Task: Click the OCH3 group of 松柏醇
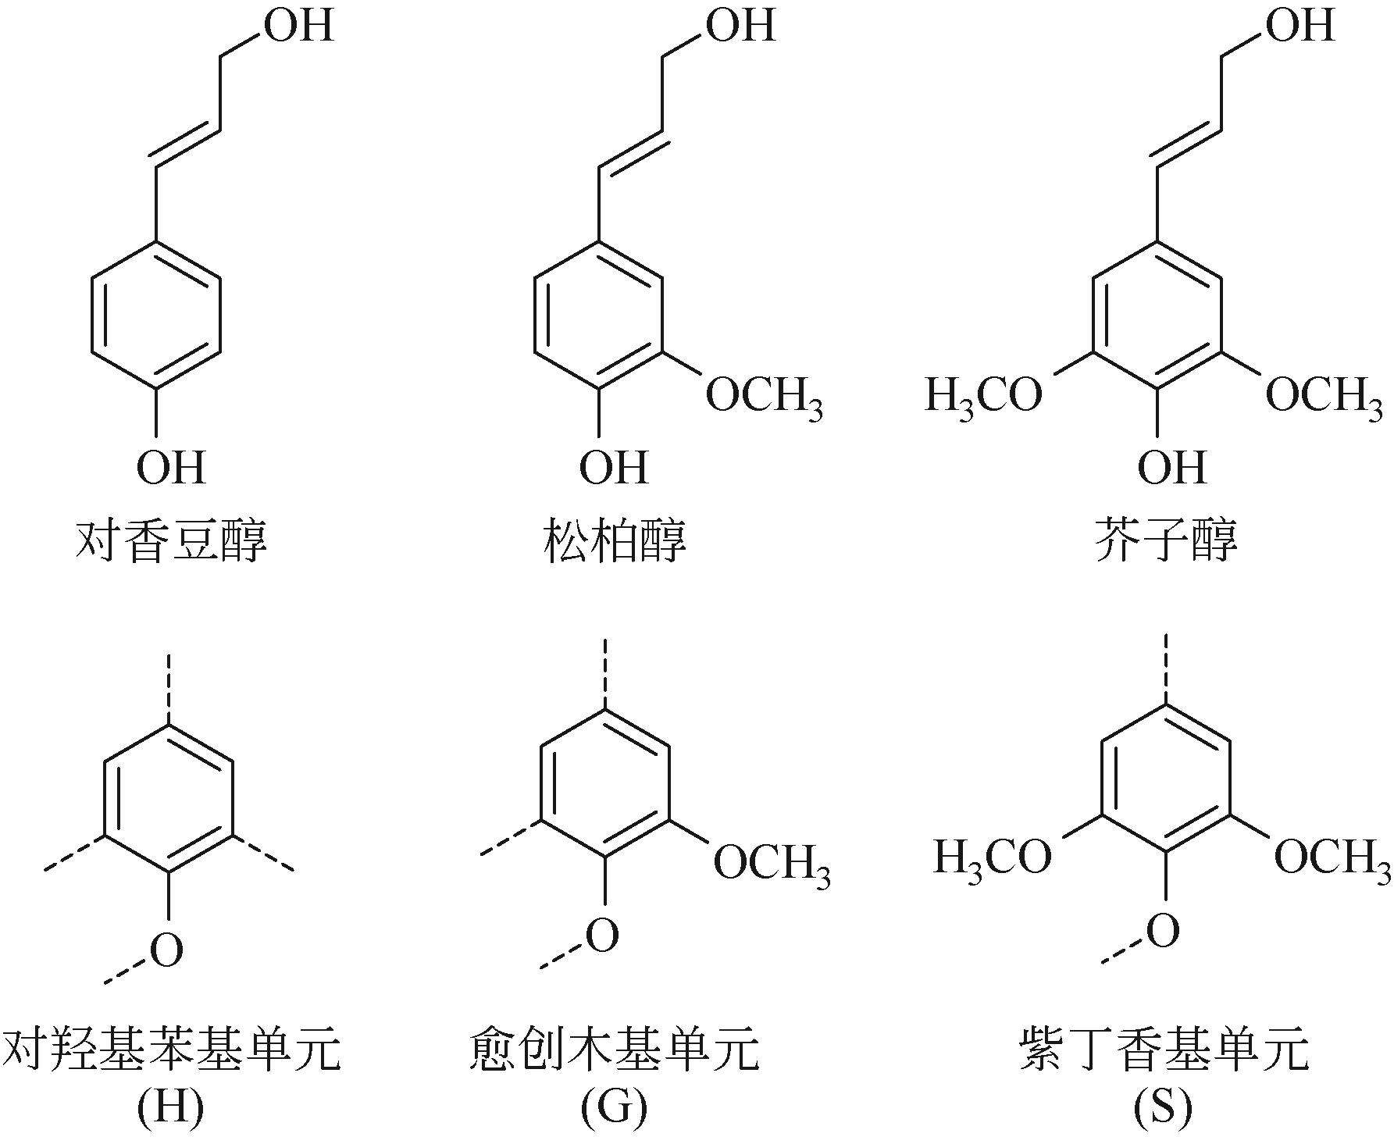[764, 398]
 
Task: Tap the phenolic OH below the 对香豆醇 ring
[171, 468]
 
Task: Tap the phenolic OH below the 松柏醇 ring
[614, 468]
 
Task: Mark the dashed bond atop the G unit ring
[605, 672]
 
